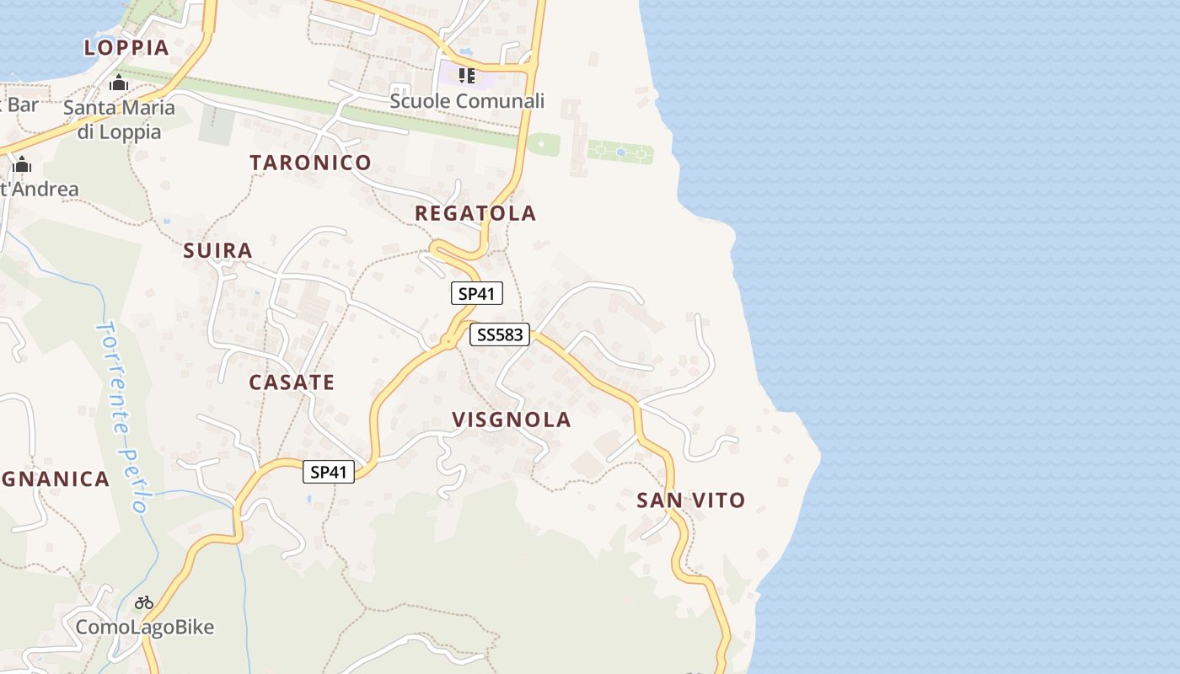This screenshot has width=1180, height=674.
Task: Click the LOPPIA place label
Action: coord(126,47)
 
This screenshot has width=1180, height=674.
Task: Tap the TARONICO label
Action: coord(310,163)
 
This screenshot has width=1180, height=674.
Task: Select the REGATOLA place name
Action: coord(475,213)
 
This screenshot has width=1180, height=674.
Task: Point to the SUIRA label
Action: coord(217,250)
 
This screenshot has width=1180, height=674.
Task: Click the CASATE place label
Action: coord(292,382)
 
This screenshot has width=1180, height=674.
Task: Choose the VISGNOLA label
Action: coord(511,420)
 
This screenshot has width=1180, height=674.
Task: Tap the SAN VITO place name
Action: coord(690,500)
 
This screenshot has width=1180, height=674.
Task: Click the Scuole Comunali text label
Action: coord(466,101)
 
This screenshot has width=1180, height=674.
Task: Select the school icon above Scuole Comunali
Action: coord(466,77)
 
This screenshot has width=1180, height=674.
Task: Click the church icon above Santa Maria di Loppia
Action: coord(119,83)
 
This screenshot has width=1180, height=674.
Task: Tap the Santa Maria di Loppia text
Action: coord(119,120)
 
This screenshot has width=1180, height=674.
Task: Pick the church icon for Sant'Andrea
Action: coord(22,164)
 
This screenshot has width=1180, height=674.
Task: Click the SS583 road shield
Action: coord(499,334)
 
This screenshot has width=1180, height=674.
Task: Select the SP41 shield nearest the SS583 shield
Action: coord(476,294)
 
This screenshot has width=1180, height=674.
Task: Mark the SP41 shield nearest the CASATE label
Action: coord(329,473)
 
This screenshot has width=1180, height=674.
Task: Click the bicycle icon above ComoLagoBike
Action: coord(144,602)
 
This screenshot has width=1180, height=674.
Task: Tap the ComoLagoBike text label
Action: coord(144,628)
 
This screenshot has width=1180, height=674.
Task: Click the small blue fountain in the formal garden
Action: coord(620,152)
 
